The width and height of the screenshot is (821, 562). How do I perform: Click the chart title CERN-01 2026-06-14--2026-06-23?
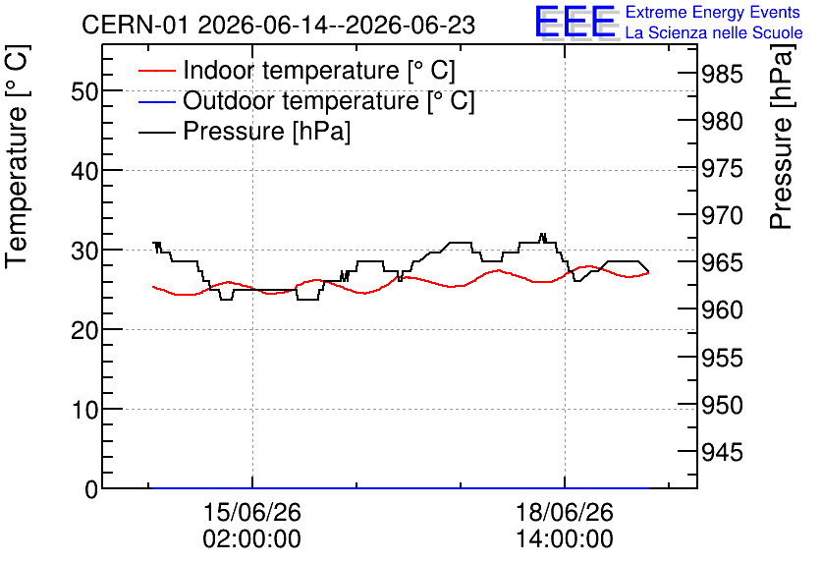[279, 25]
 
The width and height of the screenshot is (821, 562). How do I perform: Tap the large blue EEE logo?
[575, 22]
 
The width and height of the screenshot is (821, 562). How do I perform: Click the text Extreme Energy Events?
[713, 12]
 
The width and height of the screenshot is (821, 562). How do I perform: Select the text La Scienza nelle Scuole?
[714, 32]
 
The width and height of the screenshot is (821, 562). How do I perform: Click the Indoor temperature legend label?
[319, 70]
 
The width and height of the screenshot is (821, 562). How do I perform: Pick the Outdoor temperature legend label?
[329, 100]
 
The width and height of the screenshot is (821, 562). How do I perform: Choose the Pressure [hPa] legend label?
[266, 131]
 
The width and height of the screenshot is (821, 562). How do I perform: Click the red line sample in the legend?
[156, 71]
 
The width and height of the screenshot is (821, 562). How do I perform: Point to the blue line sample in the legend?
[156, 101]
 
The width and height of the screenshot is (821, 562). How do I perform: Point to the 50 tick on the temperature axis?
[84, 92]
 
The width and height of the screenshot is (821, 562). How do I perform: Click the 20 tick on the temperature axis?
[84, 330]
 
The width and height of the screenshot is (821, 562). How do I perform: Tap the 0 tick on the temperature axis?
[91, 489]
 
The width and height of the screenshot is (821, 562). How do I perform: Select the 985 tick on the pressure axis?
[722, 74]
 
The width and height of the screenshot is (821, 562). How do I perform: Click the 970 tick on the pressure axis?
[722, 215]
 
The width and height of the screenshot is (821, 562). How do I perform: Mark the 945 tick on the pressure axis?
[722, 452]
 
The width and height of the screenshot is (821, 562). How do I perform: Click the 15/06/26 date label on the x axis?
[251, 512]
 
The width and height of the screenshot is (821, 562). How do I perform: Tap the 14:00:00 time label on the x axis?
[565, 539]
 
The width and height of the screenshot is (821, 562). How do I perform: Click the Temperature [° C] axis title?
[17, 157]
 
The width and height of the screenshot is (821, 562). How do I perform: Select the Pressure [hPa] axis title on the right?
[782, 137]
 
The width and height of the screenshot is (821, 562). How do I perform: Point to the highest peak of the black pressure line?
[542, 234]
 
